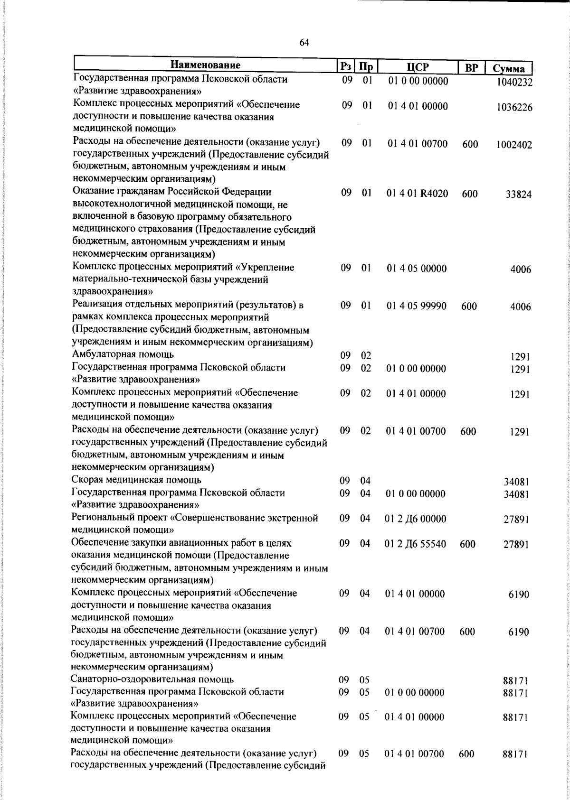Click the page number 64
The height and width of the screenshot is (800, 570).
pyautogui.click(x=304, y=43)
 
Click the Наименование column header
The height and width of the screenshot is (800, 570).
pyautogui.click(x=206, y=65)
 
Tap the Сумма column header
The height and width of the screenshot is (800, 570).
pyautogui.click(x=508, y=68)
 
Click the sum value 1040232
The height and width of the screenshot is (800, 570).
pyautogui.click(x=514, y=82)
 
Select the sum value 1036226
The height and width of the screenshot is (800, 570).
pyautogui.click(x=514, y=107)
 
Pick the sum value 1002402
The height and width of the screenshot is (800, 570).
pyautogui.click(x=514, y=145)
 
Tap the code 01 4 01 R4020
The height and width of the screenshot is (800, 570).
pyautogui.click(x=418, y=194)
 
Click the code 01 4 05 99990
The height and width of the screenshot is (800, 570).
pyautogui.click(x=417, y=306)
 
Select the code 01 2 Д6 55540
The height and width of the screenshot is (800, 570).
pyautogui.click(x=415, y=544)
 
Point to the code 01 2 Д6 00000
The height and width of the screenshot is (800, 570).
pyautogui.click(x=415, y=519)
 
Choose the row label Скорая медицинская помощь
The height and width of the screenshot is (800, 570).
pyautogui.click(x=136, y=480)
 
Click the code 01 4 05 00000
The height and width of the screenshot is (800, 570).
pyautogui.click(x=417, y=269)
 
